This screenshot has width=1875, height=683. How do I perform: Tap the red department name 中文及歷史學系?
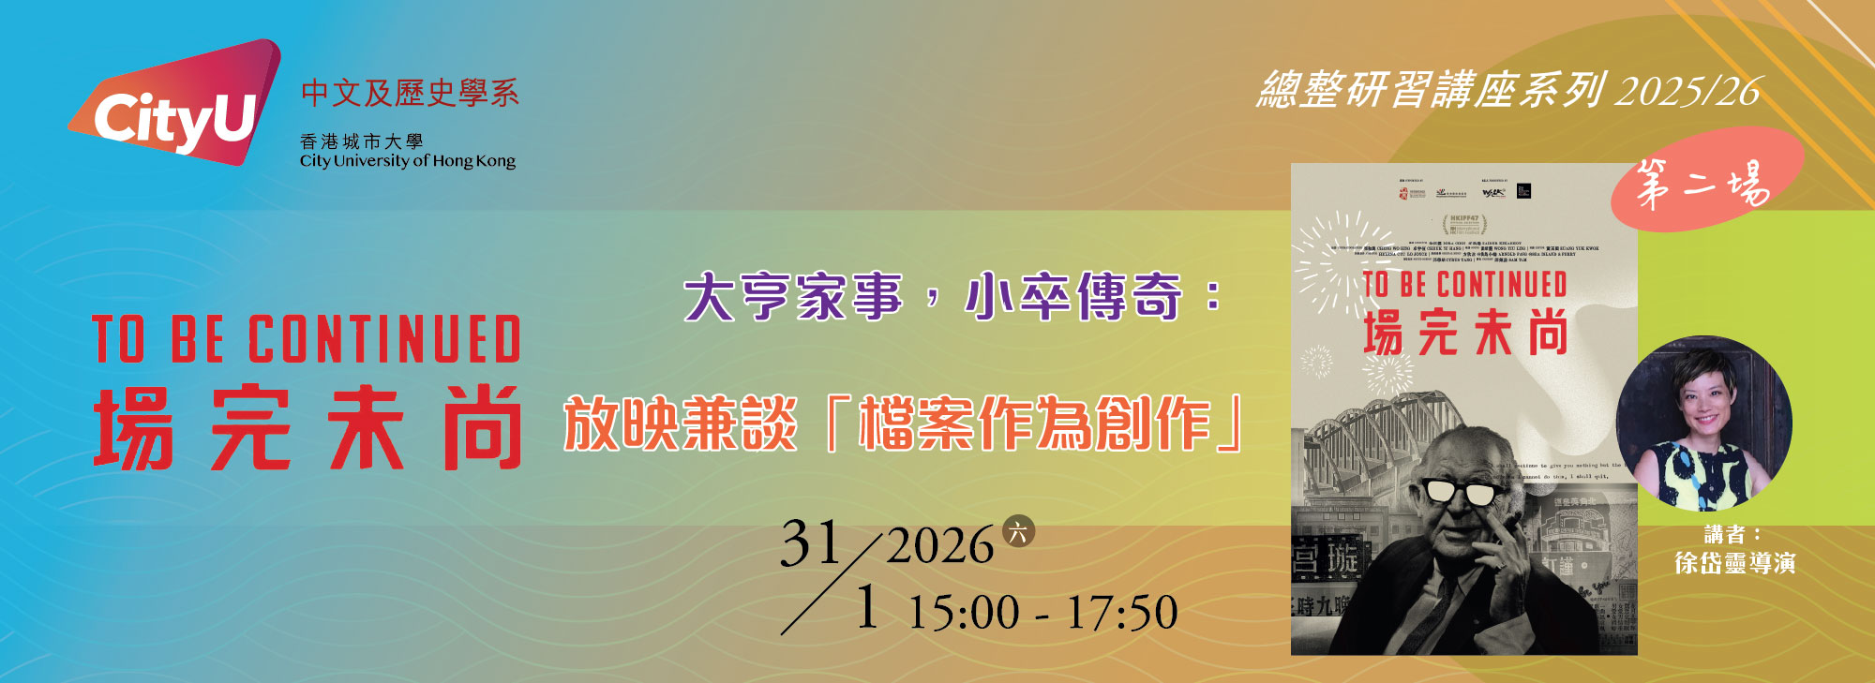410,93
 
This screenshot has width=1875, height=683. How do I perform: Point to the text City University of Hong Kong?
408,161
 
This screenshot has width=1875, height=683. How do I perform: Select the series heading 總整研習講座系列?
1431,91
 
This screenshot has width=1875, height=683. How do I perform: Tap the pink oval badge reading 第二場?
1706,182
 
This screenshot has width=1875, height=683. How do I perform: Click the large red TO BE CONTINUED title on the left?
306,339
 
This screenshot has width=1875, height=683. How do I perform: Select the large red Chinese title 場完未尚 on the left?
306,427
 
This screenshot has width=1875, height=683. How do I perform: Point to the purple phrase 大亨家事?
793,297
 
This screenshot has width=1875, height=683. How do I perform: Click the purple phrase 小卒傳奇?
1073,297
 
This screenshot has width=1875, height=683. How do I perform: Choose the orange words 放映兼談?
681,423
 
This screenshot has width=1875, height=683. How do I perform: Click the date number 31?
810,543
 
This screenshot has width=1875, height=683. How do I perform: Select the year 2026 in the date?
939,546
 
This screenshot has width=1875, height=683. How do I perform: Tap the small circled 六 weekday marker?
1018,531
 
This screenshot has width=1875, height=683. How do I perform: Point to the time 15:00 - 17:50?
1042,613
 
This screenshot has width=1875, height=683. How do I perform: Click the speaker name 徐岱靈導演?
1734,563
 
